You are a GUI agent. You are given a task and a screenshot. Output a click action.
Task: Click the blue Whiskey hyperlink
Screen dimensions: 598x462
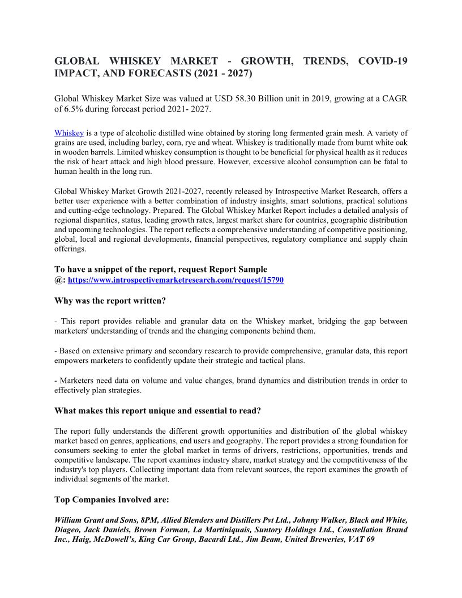(69, 133)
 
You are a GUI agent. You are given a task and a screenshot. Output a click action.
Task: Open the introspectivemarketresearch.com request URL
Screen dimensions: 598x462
(176, 280)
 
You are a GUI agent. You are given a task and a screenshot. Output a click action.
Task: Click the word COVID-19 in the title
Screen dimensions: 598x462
(383, 61)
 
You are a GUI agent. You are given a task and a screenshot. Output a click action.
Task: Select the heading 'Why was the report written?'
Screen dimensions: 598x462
(110, 301)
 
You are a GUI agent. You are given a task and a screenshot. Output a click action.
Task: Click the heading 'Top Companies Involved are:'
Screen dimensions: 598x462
(112, 500)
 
